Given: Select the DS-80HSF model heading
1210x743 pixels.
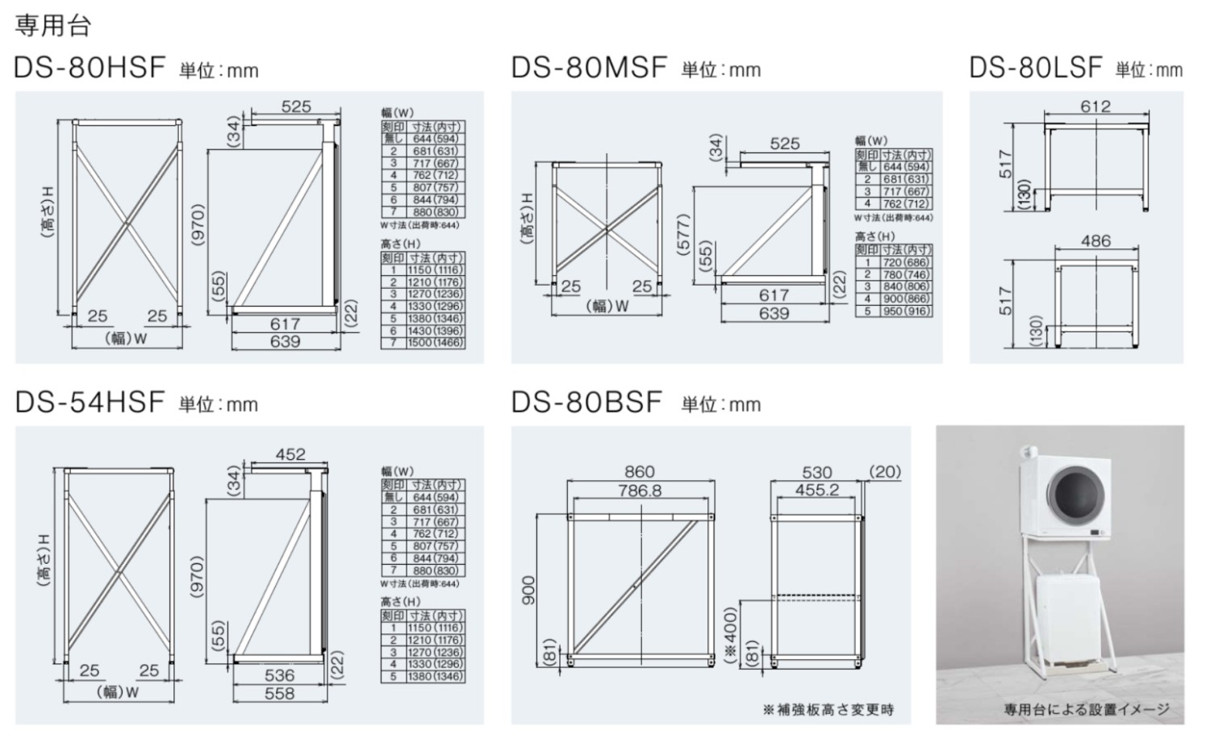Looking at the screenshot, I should pyautogui.click(x=90, y=68).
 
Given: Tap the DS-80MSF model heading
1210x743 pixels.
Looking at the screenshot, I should pyautogui.click(x=589, y=68).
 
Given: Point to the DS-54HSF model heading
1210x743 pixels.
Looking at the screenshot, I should pyautogui.click(x=90, y=402).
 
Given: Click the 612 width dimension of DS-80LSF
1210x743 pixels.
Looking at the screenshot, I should pyautogui.click(x=1095, y=106).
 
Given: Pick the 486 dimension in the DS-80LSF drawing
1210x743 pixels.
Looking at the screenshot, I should pyautogui.click(x=1095, y=240).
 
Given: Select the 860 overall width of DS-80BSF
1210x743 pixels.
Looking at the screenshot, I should pyautogui.click(x=640, y=471).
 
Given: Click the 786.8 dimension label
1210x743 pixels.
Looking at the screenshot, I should pyautogui.click(x=640, y=490).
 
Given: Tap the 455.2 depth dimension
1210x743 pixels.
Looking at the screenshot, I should pyautogui.click(x=816, y=490).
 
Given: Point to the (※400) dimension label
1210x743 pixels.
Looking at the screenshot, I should pyautogui.click(x=730, y=634).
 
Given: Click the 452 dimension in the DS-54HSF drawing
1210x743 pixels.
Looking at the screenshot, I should pyautogui.click(x=290, y=454).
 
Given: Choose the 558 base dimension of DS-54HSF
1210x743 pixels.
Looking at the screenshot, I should pyautogui.click(x=279, y=693).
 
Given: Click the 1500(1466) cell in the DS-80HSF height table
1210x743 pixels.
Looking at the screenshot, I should pyautogui.click(x=436, y=343).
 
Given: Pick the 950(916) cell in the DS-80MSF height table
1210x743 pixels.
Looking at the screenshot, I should pyautogui.click(x=906, y=311).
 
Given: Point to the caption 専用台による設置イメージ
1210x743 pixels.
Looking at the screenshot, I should pyautogui.click(x=1086, y=709).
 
